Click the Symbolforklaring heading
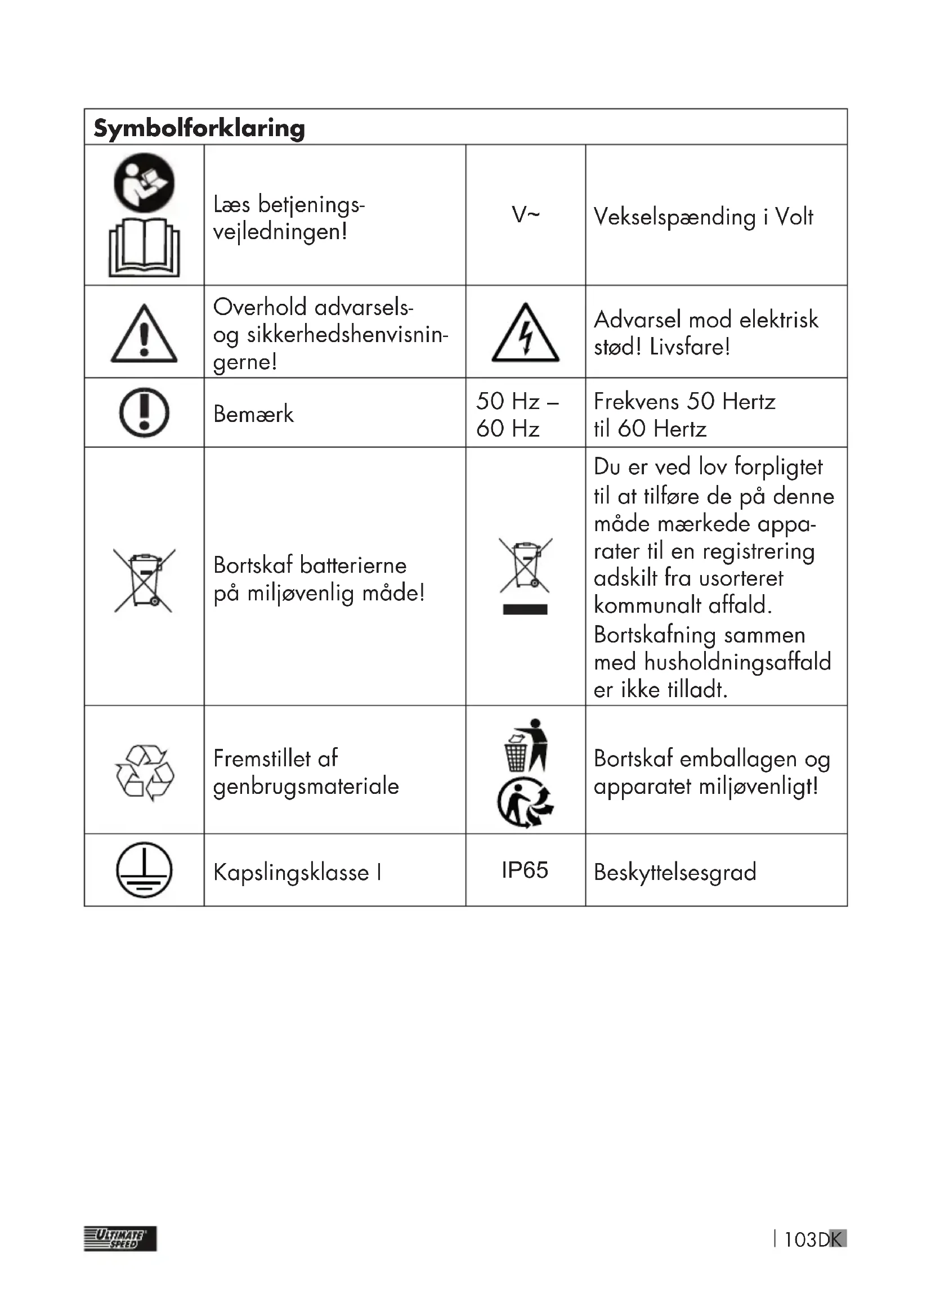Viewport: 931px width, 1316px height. [199, 128]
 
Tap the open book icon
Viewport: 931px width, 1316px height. [144, 248]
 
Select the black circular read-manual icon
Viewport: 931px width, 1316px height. [144, 182]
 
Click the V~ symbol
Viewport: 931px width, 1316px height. [525, 215]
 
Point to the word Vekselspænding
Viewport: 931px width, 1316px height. [674, 217]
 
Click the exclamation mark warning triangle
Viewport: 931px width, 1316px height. [144, 335]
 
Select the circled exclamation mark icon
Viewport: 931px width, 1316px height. [144, 412]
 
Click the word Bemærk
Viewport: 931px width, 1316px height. [253, 414]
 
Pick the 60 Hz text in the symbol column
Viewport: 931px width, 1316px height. [507, 429]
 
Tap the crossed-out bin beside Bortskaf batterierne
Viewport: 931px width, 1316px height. [145, 580]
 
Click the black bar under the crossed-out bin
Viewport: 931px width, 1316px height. [525, 609]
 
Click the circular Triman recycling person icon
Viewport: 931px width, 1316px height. [525, 802]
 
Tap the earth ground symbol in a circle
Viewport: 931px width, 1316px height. [144, 870]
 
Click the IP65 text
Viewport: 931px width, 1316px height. [525, 870]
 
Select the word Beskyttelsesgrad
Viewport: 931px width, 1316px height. [675, 873]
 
